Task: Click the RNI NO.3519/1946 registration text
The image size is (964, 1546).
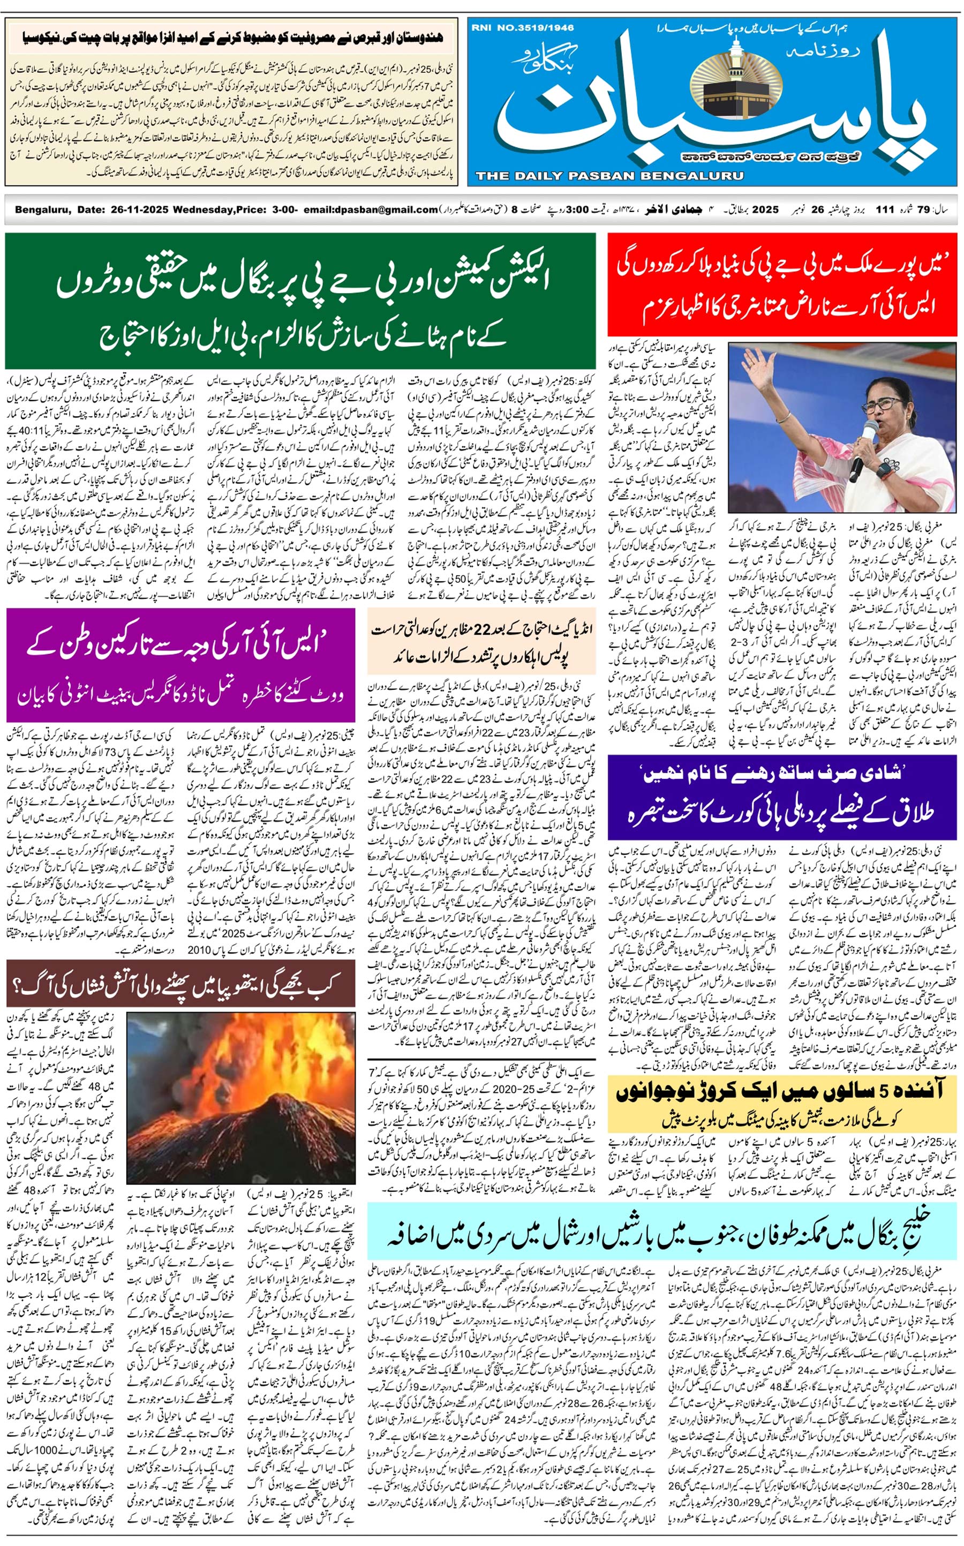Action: pos(523,28)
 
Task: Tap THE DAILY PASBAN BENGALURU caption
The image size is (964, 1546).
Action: pos(609,175)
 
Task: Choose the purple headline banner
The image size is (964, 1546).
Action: pos(180,665)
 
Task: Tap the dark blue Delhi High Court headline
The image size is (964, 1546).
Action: pos(782,797)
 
